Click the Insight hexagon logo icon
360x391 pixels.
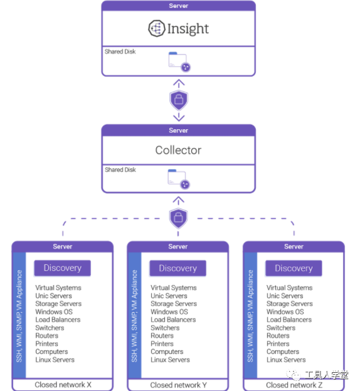[x=157, y=28]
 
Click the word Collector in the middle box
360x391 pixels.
[x=178, y=150]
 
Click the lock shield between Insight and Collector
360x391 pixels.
[x=179, y=100]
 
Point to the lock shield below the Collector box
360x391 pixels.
[x=178, y=217]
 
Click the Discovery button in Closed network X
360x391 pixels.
[x=63, y=268]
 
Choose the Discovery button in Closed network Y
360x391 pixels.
[x=177, y=268]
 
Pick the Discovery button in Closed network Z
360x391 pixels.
[x=294, y=268]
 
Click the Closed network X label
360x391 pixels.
[x=63, y=385]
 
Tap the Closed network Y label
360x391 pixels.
[x=178, y=385]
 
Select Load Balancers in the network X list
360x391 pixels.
[x=58, y=320]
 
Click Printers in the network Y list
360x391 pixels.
[x=162, y=343]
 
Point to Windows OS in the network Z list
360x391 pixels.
[x=285, y=311]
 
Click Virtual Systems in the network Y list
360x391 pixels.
[x=174, y=288]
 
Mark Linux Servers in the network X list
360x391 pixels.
[x=55, y=360]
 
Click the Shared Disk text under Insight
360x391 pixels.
[x=120, y=51]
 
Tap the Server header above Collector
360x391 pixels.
[x=178, y=130]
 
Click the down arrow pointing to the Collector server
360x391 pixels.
[x=179, y=117]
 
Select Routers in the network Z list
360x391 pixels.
[x=278, y=336]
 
